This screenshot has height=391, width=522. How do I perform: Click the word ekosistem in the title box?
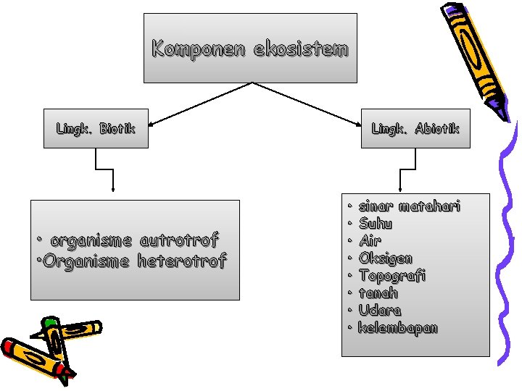point(301,49)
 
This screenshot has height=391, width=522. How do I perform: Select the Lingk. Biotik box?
point(96,129)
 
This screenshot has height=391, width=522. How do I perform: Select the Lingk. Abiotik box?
point(415,129)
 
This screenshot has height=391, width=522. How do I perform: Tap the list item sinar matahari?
point(410,206)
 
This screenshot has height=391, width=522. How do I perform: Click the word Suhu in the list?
point(376,224)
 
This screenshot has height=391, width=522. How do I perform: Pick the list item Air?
point(370,240)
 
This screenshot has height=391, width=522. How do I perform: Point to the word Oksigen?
point(386,258)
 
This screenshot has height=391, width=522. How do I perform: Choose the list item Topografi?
point(392,275)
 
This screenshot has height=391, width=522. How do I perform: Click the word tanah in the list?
point(378,293)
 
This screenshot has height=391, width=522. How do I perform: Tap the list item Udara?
point(380,310)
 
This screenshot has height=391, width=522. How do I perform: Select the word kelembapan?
point(398,327)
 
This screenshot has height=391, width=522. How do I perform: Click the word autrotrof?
point(178,240)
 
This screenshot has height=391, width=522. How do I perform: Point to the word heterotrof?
point(182,260)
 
